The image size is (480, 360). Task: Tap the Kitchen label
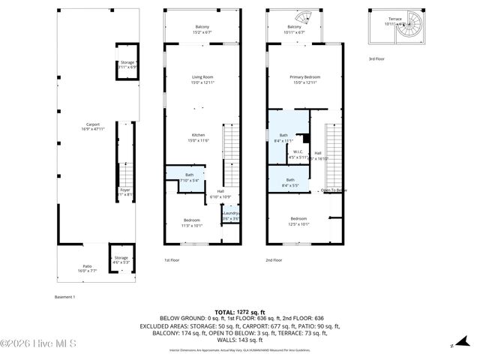(197, 135)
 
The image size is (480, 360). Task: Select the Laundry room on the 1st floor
(230, 214)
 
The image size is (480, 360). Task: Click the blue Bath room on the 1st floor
(184, 178)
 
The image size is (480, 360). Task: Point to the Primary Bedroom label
(305, 77)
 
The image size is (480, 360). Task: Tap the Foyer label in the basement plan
(124, 190)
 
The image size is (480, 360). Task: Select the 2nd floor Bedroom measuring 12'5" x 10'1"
(298, 220)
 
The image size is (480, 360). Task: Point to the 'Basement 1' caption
(65, 297)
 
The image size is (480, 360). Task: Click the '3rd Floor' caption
(376, 58)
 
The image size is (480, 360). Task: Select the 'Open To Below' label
(334, 190)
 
